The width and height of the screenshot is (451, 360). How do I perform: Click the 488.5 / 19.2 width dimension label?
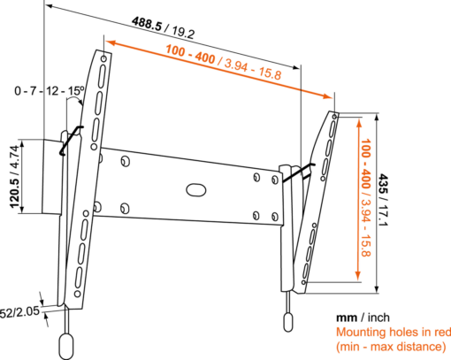point(163,28)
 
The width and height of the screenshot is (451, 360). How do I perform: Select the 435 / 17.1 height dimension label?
point(383,201)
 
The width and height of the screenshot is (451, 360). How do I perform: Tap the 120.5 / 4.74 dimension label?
point(15,177)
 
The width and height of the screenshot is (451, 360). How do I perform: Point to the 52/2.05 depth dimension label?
point(19,312)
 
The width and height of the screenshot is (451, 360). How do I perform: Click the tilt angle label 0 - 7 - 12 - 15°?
point(50,91)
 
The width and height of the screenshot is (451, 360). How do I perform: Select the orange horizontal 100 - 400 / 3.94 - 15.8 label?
point(224,62)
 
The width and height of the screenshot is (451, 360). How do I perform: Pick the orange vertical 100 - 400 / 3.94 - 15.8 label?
point(365,197)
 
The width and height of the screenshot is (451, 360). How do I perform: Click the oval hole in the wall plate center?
point(195,190)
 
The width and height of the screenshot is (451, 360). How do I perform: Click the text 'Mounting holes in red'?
point(394,333)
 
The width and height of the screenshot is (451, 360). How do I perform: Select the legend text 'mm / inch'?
point(363,318)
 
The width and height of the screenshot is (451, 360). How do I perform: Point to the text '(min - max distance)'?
point(391,347)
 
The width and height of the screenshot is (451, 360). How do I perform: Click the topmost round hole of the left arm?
point(103,59)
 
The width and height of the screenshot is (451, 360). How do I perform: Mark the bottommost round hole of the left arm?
point(78,294)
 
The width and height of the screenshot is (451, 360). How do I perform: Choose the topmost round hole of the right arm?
point(334,117)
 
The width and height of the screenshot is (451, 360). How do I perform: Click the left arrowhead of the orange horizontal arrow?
point(111,43)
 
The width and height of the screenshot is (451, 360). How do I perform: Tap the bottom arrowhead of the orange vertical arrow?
point(358,275)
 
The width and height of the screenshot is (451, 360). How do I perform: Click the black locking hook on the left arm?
point(71,140)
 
